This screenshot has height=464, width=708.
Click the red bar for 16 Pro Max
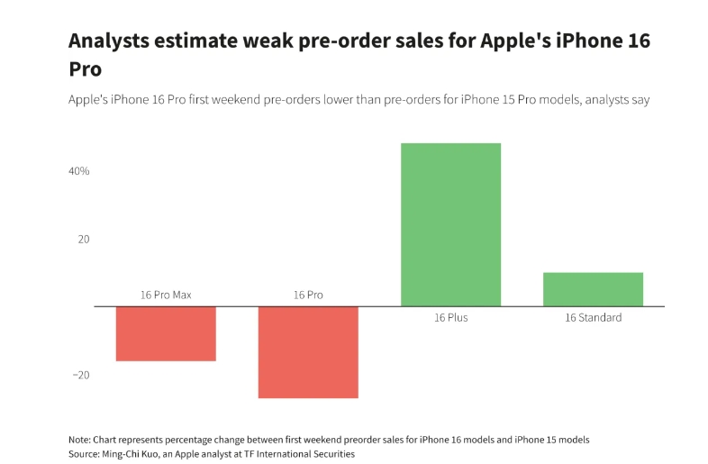click(166, 333)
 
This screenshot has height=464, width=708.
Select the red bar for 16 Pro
click(308, 351)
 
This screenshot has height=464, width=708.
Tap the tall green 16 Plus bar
click(450, 224)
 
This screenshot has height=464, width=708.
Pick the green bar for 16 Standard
click(593, 289)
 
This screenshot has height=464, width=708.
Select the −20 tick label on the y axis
click(80, 376)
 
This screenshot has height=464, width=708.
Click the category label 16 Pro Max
click(166, 295)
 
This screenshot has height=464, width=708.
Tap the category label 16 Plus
click(450, 318)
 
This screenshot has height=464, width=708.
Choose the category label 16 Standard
click(593, 318)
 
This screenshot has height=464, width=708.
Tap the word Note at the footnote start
click(79, 440)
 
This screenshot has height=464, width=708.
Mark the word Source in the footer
click(83, 454)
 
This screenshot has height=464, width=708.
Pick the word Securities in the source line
click(333, 454)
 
